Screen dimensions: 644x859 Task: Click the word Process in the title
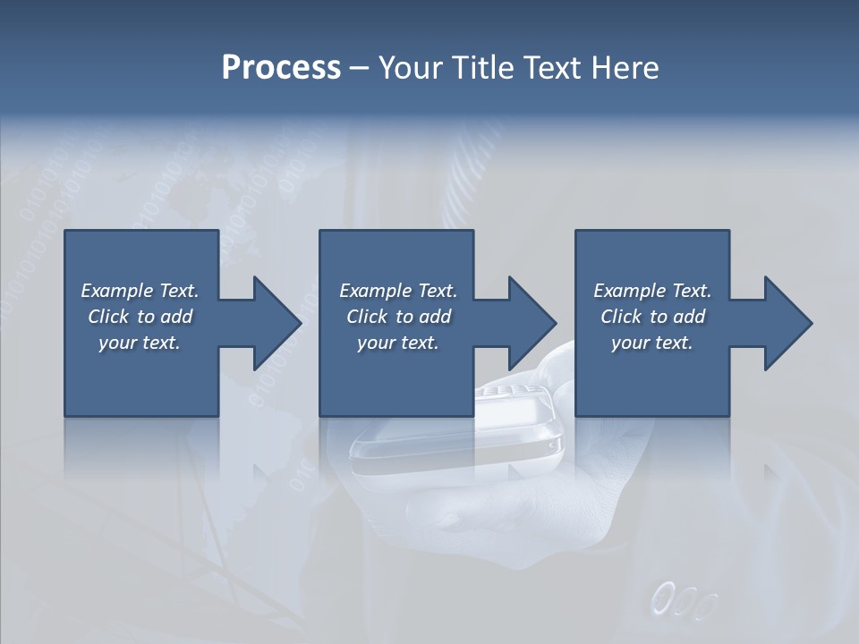281,68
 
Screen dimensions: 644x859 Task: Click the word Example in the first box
116,291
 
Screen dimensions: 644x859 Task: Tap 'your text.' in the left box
140,343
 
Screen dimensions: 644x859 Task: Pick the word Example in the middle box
375,291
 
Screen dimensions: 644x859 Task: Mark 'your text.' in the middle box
397,343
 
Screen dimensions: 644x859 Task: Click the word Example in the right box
629,291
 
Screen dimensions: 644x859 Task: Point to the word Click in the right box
621,317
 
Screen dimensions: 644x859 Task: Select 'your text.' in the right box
652,343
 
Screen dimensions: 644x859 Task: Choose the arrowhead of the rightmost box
787,323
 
